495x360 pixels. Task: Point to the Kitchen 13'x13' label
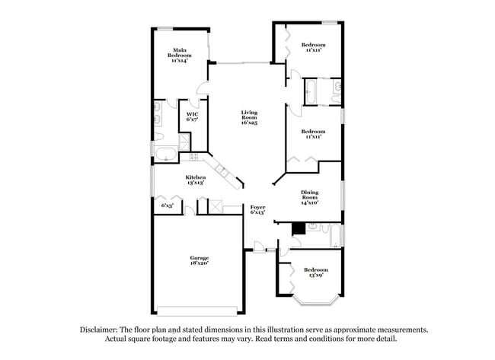point(195,180)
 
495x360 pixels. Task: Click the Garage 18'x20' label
point(200,260)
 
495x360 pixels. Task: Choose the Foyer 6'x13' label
point(257,209)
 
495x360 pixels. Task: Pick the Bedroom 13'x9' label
point(315,272)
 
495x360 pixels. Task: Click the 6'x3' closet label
point(167,205)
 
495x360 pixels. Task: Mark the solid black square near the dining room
point(299,228)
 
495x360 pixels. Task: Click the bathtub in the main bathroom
point(164,157)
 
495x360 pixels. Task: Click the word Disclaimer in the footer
point(102,330)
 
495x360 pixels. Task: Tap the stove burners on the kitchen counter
point(194,157)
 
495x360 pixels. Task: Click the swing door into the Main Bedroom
point(202,88)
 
